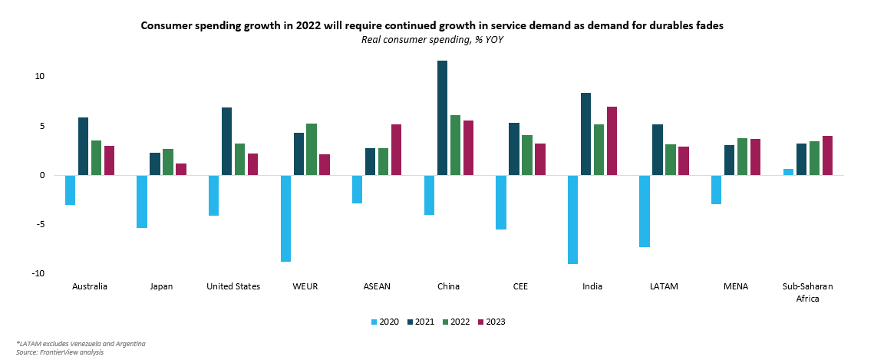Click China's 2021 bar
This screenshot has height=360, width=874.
(x=442, y=117)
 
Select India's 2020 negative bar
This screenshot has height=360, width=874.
(x=572, y=220)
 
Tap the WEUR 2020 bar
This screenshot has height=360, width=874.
(x=285, y=219)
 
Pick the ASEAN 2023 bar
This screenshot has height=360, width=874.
(x=396, y=150)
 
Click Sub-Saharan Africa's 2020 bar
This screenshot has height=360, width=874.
(x=788, y=172)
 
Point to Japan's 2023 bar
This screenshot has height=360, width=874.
(x=181, y=169)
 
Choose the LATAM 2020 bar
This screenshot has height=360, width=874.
(x=645, y=211)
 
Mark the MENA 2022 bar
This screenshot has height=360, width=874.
(x=742, y=157)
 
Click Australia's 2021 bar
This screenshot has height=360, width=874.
(x=83, y=146)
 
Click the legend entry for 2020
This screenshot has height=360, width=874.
(x=384, y=322)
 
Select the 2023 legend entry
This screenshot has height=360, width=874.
(x=491, y=322)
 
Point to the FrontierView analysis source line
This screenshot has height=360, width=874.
(x=60, y=352)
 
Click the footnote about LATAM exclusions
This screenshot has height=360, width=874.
(x=81, y=343)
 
